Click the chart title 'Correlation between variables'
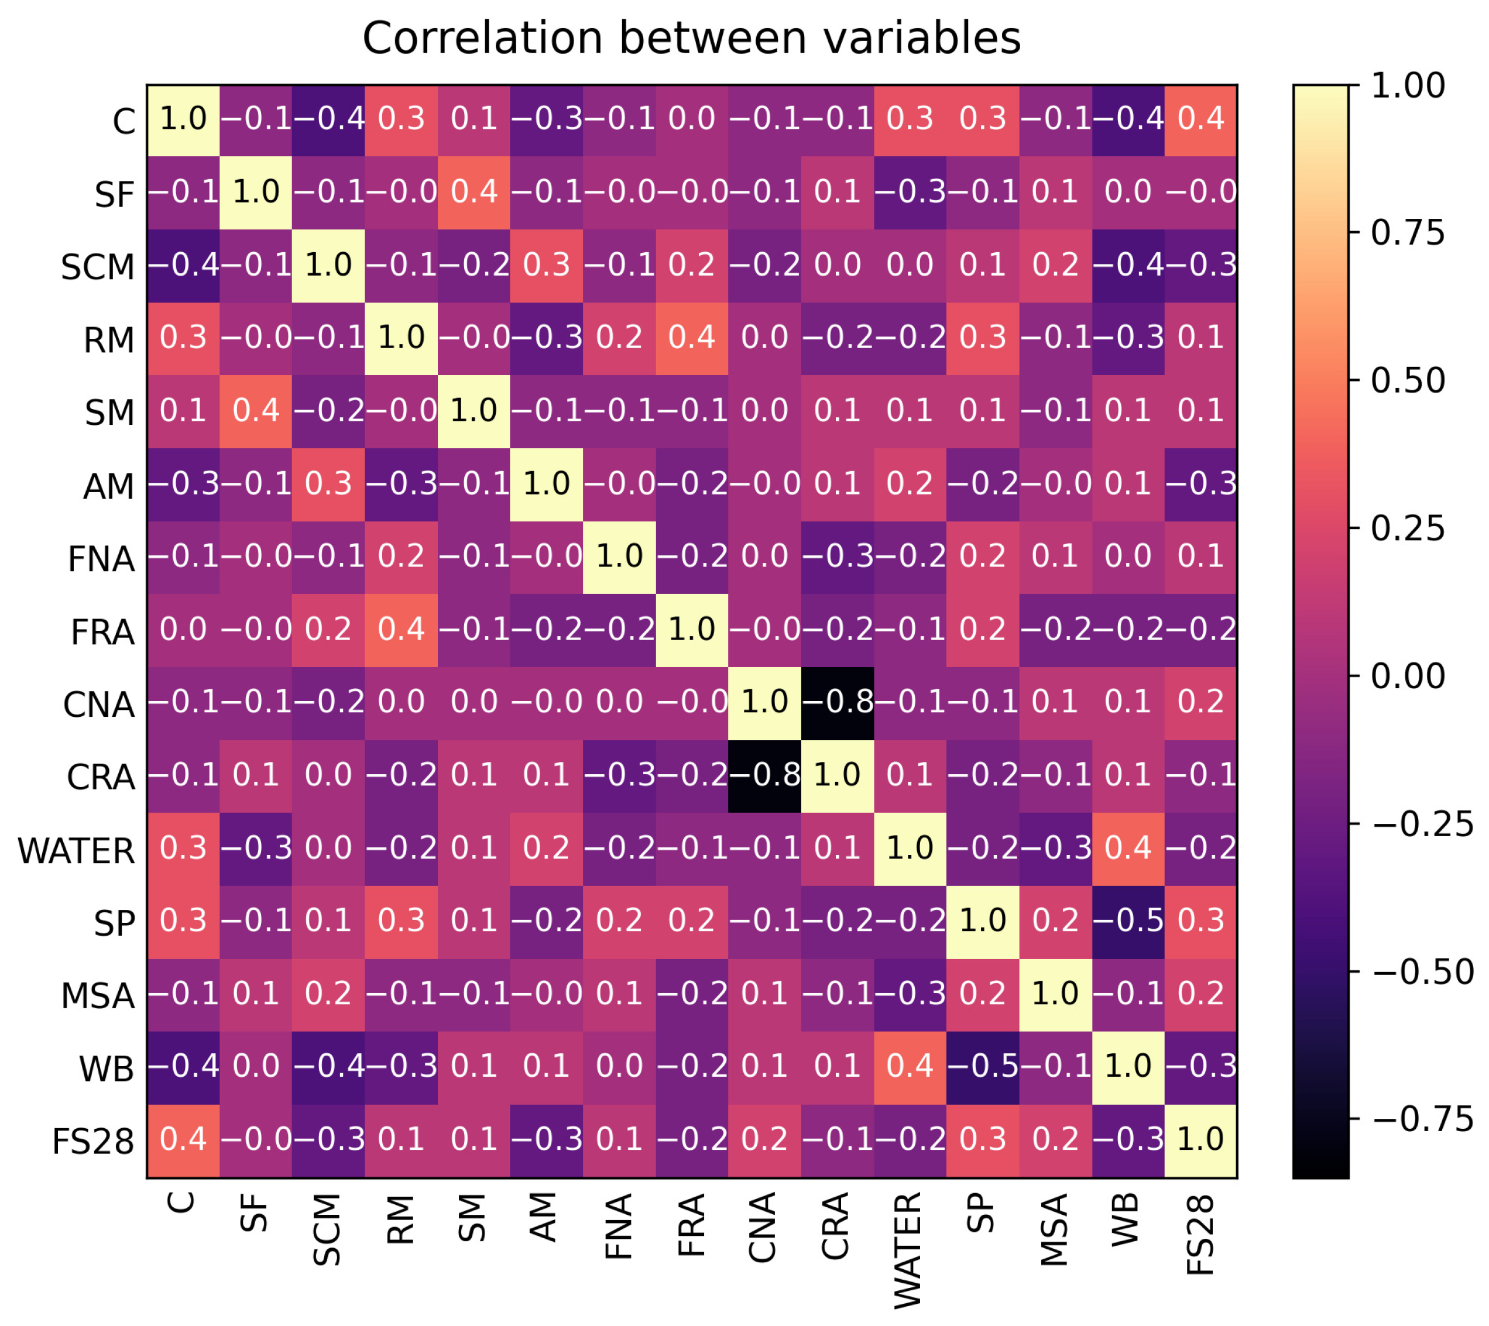click(x=692, y=38)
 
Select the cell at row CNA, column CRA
click(x=838, y=703)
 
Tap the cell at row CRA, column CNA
click(x=764, y=776)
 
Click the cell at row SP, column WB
click(x=1128, y=922)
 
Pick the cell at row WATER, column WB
click(x=1128, y=848)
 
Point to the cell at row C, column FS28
click(x=1201, y=120)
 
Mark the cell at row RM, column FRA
click(x=692, y=339)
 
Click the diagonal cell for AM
click(x=547, y=485)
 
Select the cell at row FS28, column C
click(x=183, y=1141)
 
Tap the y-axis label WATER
click(x=77, y=850)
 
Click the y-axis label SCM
click(x=98, y=267)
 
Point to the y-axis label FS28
click(x=93, y=1142)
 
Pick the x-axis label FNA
click(x=618, y=1227)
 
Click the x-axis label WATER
click(x=909, y=1251)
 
